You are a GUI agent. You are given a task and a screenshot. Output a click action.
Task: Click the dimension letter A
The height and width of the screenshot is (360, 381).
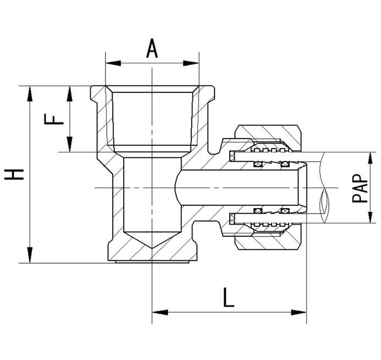tap(152, 48)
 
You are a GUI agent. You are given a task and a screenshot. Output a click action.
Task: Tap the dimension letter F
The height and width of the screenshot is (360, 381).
tap(54, 119)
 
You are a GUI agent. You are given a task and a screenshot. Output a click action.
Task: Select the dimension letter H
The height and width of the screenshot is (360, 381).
tap(14, 174)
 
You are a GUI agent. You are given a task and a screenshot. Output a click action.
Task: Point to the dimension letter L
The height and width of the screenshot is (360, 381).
tap(228, 297)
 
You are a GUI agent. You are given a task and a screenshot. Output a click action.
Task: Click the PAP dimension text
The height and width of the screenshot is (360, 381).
tap(360, 188)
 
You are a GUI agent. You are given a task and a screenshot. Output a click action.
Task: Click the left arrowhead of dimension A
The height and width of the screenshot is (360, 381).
tap(113, 63)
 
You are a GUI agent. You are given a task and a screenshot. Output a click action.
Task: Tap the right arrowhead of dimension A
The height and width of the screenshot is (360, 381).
tap(191, 63)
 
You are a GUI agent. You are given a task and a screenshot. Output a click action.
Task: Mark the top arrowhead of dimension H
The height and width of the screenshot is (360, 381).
tap(30, 94)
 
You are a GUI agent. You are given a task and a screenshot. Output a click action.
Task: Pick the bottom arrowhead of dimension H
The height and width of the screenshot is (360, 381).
tap(30, 255)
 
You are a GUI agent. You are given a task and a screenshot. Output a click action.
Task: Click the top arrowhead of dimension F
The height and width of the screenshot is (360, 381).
tap(70, 94)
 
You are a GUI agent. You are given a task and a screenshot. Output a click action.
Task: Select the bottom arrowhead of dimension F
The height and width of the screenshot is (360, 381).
tap(70, 144)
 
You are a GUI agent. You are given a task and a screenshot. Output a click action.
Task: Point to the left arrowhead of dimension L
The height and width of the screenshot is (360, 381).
tap(160, 312)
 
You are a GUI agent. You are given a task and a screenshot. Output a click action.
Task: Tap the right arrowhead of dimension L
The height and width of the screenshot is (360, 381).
tap(299, 312)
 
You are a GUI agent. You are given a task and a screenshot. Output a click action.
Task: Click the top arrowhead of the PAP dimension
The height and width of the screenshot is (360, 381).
tap(370, 160)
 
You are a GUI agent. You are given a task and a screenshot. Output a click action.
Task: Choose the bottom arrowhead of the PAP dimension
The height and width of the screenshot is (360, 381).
tap(370, 215)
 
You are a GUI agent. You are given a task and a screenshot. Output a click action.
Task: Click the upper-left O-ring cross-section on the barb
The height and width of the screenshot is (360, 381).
tap(258, 165)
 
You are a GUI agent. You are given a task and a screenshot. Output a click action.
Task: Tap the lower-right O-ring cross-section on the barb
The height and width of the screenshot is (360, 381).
tap(285, 211)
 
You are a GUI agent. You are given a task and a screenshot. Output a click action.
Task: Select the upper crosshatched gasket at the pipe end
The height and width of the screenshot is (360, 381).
tap(232, 156)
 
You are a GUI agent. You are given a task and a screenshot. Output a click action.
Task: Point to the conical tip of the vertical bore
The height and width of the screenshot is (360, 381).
tap(152, 248)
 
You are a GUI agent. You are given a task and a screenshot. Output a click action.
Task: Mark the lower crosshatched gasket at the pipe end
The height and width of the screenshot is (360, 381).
tap(232, 219)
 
